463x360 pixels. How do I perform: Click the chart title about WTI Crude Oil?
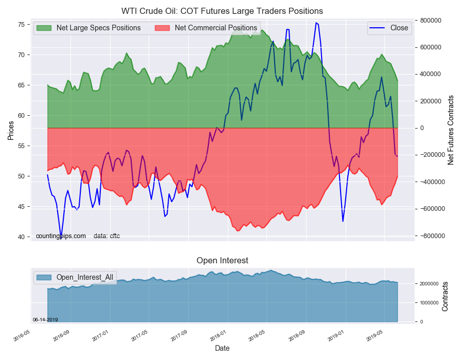point(222,11)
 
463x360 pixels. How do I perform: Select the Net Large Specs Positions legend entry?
point(98,28)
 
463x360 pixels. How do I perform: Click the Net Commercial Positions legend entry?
point(216,28)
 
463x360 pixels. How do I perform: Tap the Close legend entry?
point(399,28)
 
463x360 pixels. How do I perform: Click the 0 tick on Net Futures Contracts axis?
point(423,128)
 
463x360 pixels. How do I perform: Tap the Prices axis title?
point(10,131)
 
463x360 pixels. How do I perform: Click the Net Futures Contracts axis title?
point(451,130)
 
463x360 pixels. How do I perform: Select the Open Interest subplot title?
point(222,261)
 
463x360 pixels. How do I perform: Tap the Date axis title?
point(222,349)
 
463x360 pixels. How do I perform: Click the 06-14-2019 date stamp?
point(45,319)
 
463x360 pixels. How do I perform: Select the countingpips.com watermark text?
point(61,236)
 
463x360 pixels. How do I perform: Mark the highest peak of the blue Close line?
point(316,23)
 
